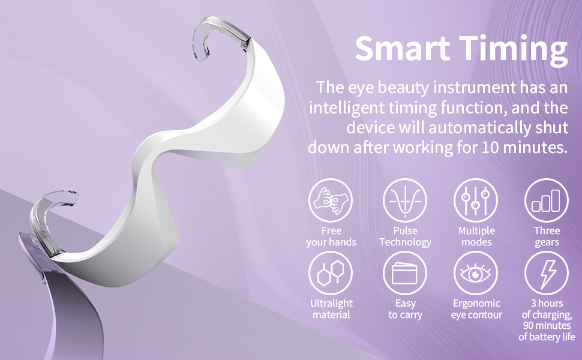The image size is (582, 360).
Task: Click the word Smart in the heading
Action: tap(403, 48)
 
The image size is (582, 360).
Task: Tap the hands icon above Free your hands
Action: tap(331, 200)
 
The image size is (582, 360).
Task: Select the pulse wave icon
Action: tap(405, 200)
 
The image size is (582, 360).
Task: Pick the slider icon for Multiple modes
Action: tap(476, 200)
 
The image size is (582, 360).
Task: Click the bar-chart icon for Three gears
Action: tap(547, 200)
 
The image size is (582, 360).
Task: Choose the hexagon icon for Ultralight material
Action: tap(331, 273)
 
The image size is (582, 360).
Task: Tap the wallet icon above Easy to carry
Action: tap(405, 273)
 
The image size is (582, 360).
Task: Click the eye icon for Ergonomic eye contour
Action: tap(476, 273)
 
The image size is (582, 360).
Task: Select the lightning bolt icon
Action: tap(547, 273)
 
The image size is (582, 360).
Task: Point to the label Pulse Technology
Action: tap(406, 236)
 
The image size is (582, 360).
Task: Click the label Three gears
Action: tap(547, 236)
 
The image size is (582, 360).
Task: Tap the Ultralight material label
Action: tap(331, 309)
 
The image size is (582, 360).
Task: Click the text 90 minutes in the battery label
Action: tap(547, 325)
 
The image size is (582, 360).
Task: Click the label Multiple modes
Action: tap(476, 236)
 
